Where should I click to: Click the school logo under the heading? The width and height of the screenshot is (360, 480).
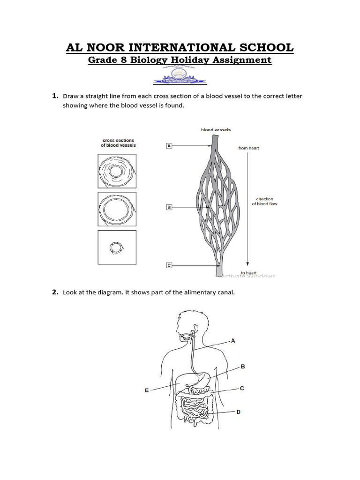click(180, 75)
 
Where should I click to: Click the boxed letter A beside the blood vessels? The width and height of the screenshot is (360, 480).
click(169, 146)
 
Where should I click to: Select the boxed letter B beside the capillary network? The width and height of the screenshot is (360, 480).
click(169, 207)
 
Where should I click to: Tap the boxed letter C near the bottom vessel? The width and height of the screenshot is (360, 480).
click(169, 265)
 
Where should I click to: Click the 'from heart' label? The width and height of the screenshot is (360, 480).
click(248, 148)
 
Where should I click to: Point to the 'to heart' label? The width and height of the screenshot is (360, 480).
click(248, 272)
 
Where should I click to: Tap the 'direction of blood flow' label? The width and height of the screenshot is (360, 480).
click(265, 202)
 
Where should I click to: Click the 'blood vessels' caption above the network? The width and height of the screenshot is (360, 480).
click(216, 130)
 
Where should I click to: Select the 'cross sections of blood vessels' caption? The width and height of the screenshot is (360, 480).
click(118, 143)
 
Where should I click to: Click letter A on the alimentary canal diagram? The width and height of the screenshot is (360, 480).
click(233, 341)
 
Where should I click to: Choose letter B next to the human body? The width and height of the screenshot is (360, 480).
click(242, 367)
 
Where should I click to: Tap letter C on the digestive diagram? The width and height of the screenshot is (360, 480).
click(242, 388)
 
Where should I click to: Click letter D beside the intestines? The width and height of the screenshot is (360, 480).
click(238, 412)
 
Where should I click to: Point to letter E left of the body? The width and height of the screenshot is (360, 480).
click(147, 390)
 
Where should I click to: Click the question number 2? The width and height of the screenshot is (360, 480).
click(54, 292)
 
